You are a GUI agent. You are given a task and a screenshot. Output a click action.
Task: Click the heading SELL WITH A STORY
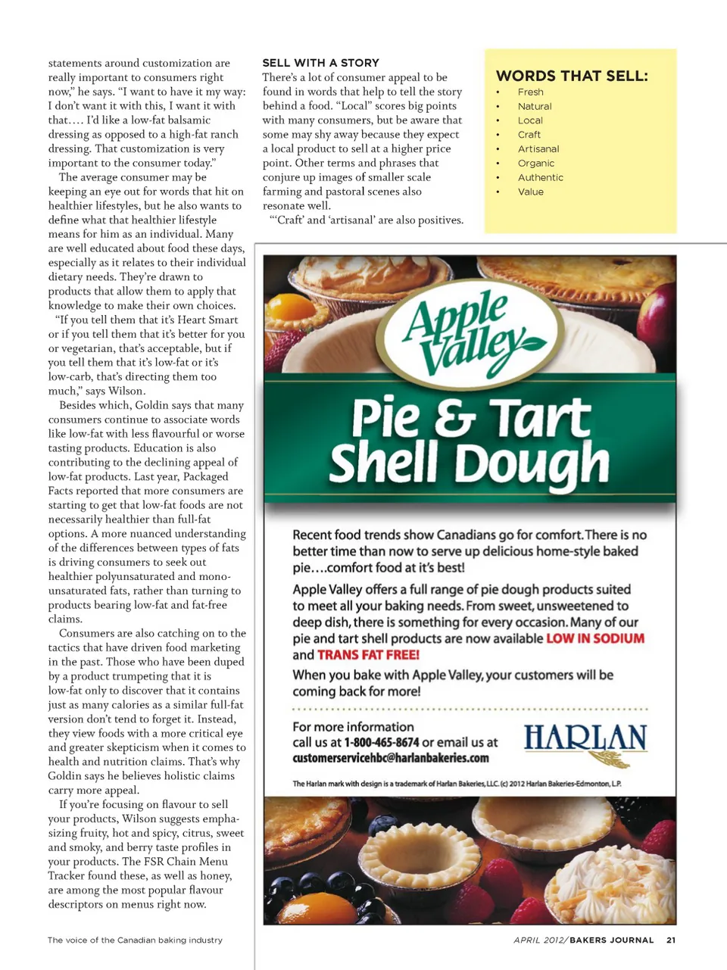tap(320, 63)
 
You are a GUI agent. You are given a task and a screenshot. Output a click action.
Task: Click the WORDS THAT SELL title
tap(572, 76)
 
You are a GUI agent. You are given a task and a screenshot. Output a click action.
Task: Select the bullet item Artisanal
tap(538, 149)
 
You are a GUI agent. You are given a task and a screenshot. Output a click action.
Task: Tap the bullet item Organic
tap(536, 164)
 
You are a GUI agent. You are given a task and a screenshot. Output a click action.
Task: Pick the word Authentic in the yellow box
tap(540, 178)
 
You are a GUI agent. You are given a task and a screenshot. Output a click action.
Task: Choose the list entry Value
tap(530, 192)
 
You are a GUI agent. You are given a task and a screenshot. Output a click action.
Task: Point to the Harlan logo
tap(585, 742)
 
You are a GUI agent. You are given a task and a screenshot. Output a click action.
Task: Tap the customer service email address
tap(391, 758)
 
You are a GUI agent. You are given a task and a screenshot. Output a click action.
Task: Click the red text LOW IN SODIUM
tap(595, 638)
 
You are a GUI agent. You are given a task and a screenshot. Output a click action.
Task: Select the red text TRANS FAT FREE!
tap(368, 655)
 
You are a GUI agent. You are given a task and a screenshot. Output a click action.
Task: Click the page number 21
tap(671, 940)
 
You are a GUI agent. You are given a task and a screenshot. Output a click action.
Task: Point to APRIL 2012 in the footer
tap(538, 940)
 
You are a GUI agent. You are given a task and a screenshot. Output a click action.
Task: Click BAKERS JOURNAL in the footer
tap(611, 940)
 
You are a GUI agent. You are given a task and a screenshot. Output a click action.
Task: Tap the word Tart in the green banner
tap(539, 418)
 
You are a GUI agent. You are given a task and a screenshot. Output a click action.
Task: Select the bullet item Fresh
tap(530, 92)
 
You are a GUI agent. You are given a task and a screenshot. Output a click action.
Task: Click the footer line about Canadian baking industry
tap(135, 940)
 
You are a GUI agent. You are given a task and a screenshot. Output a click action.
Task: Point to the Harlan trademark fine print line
tap(457, 784)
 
